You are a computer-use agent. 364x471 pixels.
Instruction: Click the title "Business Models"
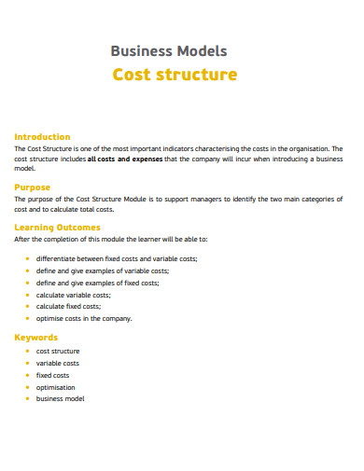pos(169,51)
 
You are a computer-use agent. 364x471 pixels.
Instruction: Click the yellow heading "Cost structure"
pos(175,75)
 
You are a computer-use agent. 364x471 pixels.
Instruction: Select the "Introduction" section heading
pos(42,136)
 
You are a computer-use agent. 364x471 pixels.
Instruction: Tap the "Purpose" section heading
pos(33,187)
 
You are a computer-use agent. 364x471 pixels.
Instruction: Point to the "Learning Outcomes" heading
pos(58,227)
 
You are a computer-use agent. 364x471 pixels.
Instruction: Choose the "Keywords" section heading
pos(36,337)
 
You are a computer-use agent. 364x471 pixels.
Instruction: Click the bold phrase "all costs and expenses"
pos(124,159)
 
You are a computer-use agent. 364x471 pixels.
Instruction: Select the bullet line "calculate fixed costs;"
pos(68,306)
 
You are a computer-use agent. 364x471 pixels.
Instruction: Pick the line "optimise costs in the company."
pos(84,318)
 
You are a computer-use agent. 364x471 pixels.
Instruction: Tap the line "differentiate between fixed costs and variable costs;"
pos(117,258)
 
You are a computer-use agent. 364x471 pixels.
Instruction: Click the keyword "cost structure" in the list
pos(58,351)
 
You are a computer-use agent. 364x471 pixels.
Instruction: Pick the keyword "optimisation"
pos(56,386)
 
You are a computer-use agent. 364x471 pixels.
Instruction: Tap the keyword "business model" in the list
pos(60,398)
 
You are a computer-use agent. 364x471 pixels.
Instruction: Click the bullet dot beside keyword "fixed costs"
pos(27,375)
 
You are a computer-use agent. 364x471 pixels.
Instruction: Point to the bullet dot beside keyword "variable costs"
pos(27,363)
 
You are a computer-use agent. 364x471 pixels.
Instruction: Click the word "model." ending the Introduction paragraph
pos(25,169)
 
